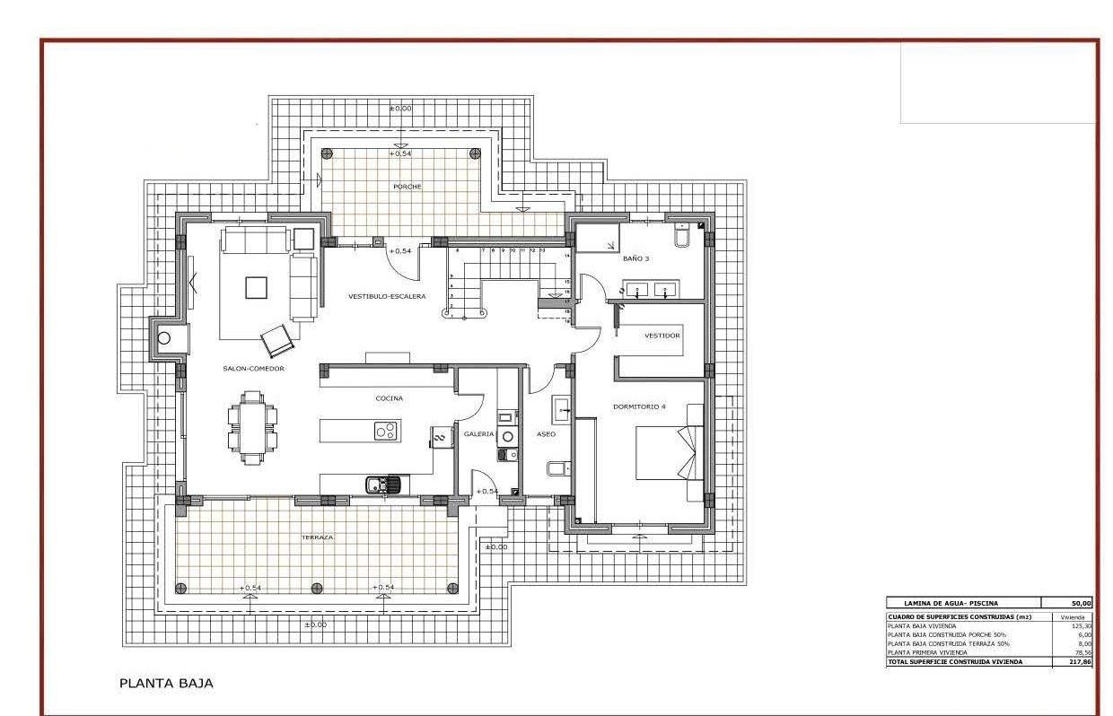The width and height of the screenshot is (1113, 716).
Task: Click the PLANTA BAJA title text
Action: (x=166, y=683)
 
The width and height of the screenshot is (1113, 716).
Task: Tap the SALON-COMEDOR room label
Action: (x=253, y=369)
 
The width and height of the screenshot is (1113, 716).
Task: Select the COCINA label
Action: (x=389, y=397)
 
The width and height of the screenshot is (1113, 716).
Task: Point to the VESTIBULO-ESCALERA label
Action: (x=387, y=296)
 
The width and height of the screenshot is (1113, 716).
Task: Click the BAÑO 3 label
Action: (x=635, y=258)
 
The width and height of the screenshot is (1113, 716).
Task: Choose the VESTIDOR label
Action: (x=662, y=336)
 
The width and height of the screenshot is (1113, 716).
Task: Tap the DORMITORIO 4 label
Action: (x=639, y=406)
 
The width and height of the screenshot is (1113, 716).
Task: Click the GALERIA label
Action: (x=478, y=433)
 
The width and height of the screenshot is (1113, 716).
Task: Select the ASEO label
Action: (x=546, y=433)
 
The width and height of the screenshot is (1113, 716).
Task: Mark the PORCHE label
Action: (x=407, y=187)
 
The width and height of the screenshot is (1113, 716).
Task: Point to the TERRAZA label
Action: (x=317, y=537)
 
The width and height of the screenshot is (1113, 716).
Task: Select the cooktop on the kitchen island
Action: (x=386, y=431)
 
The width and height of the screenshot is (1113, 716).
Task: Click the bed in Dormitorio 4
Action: (x=669, y=453)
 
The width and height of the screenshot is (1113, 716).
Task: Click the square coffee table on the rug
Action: (x=256, y=287)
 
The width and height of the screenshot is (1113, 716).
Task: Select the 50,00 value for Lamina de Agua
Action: (x=1082, y=603)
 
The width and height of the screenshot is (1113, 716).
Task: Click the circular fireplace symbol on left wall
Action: (x=164, y=338)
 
